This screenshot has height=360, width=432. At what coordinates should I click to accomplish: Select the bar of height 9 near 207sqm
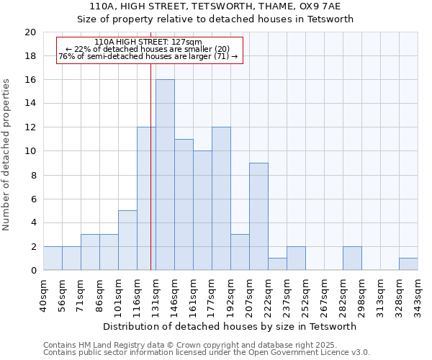tap(258, 217)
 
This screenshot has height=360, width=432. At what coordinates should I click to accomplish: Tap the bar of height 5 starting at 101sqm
tap(127, 240)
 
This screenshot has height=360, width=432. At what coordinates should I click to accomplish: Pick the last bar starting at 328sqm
tap(408, 264)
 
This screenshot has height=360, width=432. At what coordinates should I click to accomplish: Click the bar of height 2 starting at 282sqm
tap(352, 258)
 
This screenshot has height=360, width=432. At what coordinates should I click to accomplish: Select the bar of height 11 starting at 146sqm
tap(184, 204)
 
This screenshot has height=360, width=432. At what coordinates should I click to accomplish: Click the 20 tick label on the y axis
tap(30, 32)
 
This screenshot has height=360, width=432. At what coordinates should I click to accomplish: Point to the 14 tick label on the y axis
tap(30, 104)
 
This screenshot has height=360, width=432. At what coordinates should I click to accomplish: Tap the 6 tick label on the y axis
tap(32, 199)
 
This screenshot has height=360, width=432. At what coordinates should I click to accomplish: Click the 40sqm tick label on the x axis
tap(43, 295)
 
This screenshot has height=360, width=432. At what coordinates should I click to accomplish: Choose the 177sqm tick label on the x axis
tap(212, 295)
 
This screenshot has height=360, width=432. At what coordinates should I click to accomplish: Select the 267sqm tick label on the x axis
tap(324, 295)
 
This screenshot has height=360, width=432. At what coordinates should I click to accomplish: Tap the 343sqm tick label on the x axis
tap(418, 295)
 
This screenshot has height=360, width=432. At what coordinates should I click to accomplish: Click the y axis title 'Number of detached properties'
tap(6, 155)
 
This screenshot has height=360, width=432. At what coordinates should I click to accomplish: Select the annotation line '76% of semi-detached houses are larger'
tap(148, 56)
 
